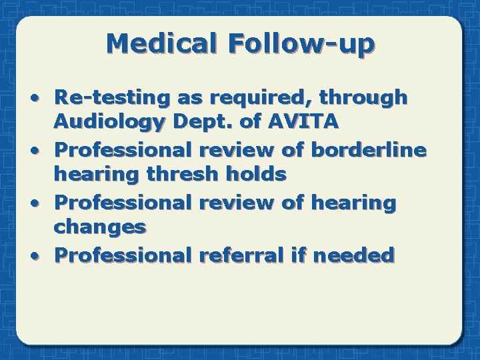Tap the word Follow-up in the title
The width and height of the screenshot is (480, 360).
301,43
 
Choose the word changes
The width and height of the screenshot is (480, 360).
100,227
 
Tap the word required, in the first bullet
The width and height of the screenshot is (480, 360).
245,98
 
